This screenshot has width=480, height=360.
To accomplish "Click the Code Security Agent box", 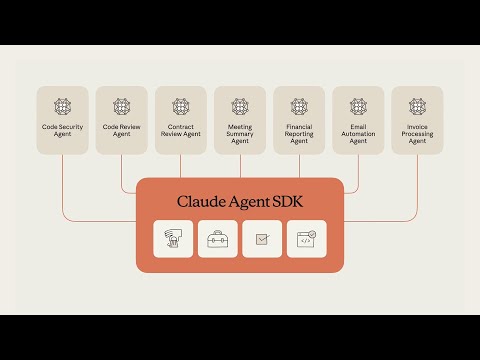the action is [x=63, y=120].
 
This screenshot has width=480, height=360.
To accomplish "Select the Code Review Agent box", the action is [x=122, y=120].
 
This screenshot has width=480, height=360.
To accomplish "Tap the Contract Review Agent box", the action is [x=181, y=120].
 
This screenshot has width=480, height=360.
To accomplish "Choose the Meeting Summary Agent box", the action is [x=240, y=120].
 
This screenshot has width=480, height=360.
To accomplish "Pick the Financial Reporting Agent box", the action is [x=299, y=120].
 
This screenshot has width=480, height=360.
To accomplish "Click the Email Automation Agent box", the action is [x=358, y=120].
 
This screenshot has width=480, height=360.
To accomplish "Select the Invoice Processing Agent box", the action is [x=417, y=120].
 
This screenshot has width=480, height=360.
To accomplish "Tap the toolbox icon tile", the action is [x=218, y=239].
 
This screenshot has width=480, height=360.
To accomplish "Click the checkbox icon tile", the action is [x=262, y=239].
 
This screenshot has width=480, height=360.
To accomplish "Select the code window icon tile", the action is [x=306, y=239].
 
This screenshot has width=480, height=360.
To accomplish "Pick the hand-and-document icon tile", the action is [x=174, y=239].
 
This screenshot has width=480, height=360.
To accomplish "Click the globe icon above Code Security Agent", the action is [x=63, y=105].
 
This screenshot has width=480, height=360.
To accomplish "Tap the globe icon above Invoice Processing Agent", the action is [x=417, y=105].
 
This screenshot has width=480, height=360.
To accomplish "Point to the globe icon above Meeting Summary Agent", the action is [x=240, y=105].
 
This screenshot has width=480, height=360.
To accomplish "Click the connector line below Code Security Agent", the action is [x=63, y=185].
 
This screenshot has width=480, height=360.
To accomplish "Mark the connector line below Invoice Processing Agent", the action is [x=417, y=185].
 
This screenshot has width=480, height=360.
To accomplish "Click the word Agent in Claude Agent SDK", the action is [x=244, y=201].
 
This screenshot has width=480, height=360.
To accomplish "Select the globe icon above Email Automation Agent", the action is [x=358, y=105].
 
